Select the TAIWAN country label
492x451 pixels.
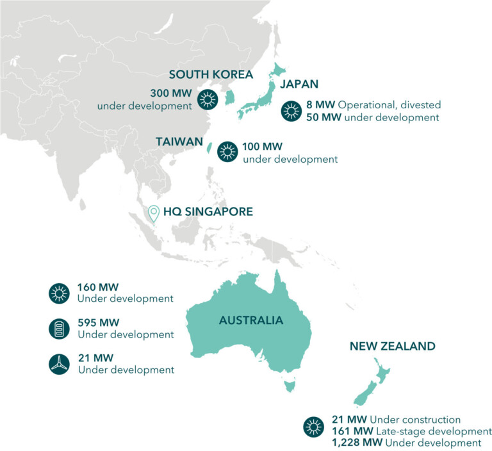[179, 142]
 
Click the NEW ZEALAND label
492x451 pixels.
[392, 347]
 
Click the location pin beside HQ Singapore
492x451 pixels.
[153, 213]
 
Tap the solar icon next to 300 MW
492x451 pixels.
[208, 99]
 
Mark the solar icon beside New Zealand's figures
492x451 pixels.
[313, 425]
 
